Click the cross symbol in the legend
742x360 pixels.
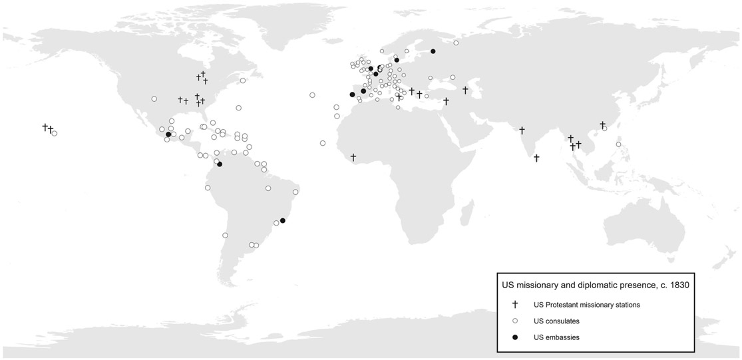tap(515, 305)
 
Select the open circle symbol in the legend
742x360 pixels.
tap(515, 321)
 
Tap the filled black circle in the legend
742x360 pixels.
tap(515, 337)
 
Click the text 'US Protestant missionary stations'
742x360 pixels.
tap(587, 305)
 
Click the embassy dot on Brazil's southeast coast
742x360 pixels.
tap(283, 220)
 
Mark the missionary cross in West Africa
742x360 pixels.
tap(353, 157)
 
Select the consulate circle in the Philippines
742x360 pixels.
tap(618, 144)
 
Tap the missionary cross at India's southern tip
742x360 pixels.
tap(536, 158)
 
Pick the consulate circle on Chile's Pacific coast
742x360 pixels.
tap(225, 235)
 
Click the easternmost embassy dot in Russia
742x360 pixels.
tap(433, 51)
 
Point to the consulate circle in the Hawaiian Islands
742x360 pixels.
tap(55, 133)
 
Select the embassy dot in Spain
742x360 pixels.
tap(352, 94)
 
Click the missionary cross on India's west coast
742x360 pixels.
tap(522, 130)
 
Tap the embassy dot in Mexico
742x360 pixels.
tap(168, 134)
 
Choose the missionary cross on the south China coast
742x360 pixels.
tap(602, 124)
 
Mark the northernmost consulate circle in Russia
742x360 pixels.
tap(457, 43)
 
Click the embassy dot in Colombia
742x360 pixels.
tap(220, 164)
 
